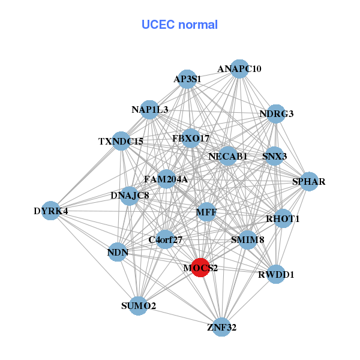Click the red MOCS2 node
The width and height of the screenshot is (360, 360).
pyautogui.click(x=200, y=268)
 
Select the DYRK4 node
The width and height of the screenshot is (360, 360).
pyautogui.click(x=51, y=211)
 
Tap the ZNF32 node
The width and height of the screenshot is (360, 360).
pyautogui.click(x=222, y=327)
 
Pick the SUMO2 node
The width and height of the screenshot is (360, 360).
pyautogui.click(x=139, y=306)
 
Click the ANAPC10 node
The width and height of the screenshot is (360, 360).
pyautogui.click(x=239, y=69)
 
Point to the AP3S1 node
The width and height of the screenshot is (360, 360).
pyautogui.click(x=187, y=79)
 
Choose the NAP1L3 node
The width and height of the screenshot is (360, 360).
pyautogui.click(x=150, y=109)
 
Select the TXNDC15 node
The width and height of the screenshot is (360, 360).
pyautogui.click(x=121, y=142)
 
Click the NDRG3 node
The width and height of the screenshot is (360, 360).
pyautogui.click(x=275, y=113)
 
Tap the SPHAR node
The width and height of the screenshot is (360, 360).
pyautogui.click(x=308, y=181)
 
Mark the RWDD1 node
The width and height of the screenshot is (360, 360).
pyautogui.click(x=275, y=275)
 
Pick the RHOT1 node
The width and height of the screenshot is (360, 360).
pyautogui.click(x=282, y=219)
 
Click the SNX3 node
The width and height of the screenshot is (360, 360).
pyautogui.click(x=274, y=157)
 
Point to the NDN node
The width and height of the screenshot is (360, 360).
pyautogui.click(x=118, y=252)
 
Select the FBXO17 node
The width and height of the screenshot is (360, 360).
pyautogui.click(x=191, y=139)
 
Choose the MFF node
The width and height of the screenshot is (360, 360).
pyautogui.click(x=206, y=212)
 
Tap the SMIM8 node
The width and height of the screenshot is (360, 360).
pyautogui.click(x=247, y=240)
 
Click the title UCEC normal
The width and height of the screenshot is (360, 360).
pyautogui.click(x=179, y=25)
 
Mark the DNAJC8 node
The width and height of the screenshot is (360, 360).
pyautogui.click(x=130, y=196)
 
